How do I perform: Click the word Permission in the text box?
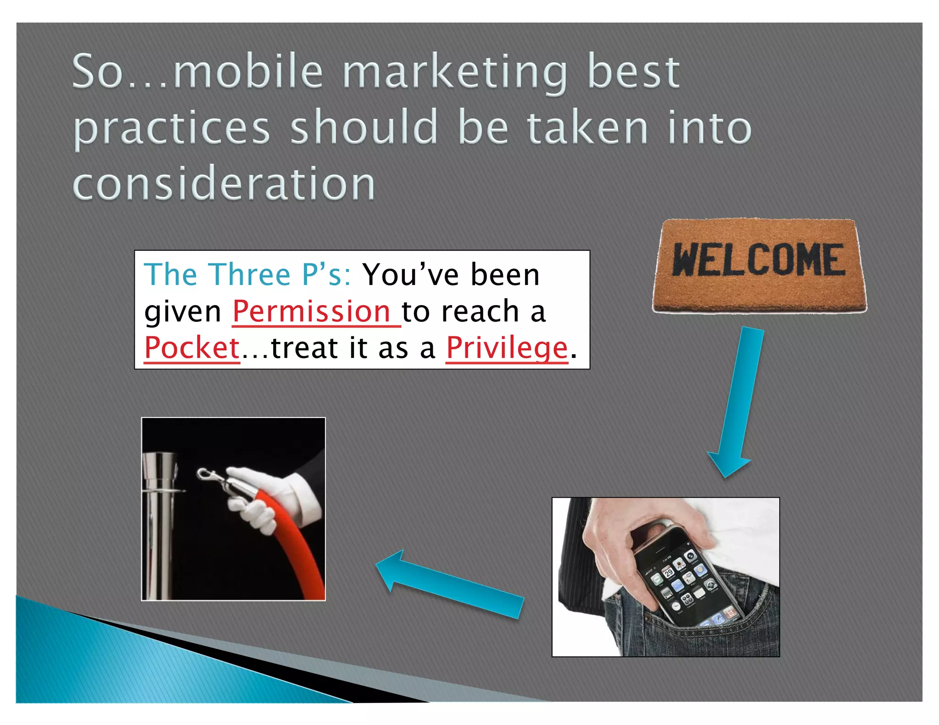click(x=311, y=312)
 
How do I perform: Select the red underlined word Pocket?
click(x=192, y=348)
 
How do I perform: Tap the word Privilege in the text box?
click(x=507, y=348)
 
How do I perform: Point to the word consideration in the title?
click(x=224, y=184)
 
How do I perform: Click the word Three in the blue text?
click(x=250, y=275)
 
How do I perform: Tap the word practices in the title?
click(x=171, y=129)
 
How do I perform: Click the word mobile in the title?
click(x=248, y=72)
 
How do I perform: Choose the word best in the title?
click(x=633, y=72)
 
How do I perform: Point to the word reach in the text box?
click(x=480, y=312)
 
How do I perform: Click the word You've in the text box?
click(x=410, y=275)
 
